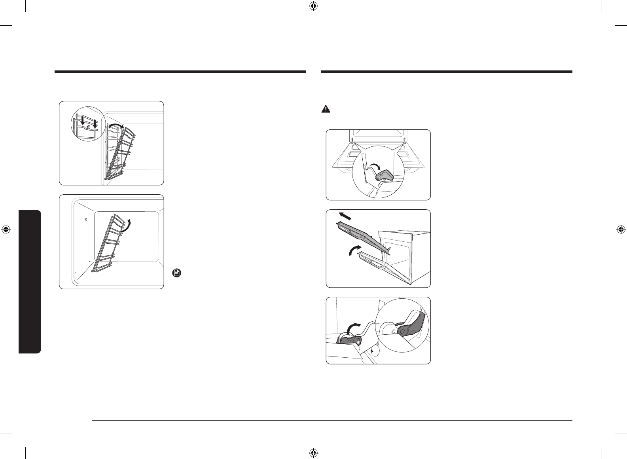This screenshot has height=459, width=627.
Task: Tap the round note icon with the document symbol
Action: point(177,273)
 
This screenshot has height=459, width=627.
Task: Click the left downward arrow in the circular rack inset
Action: point(81,121)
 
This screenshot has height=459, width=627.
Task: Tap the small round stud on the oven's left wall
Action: point(86,218)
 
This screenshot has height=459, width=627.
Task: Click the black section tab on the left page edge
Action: point(30,282)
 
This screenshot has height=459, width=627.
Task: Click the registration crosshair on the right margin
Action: point(621,229)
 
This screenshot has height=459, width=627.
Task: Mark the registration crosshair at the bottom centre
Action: point(313,453)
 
